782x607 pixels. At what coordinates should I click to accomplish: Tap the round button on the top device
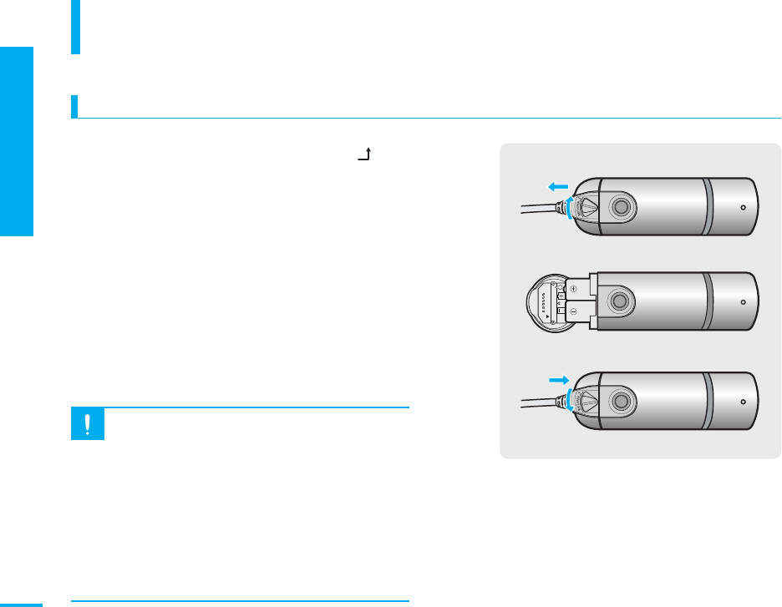[x=618, y=206]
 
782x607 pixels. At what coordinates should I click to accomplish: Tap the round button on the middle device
[x=618, y=301]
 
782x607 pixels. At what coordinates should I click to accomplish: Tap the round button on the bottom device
[x=618, y=398]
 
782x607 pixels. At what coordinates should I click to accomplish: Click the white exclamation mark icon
[x=88, y=425]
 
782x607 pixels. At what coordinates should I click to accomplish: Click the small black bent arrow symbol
[x=364, y=154]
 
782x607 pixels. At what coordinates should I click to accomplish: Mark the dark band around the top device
[x=708, y=206]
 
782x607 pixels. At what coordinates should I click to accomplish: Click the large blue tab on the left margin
[x=17, y=142]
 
